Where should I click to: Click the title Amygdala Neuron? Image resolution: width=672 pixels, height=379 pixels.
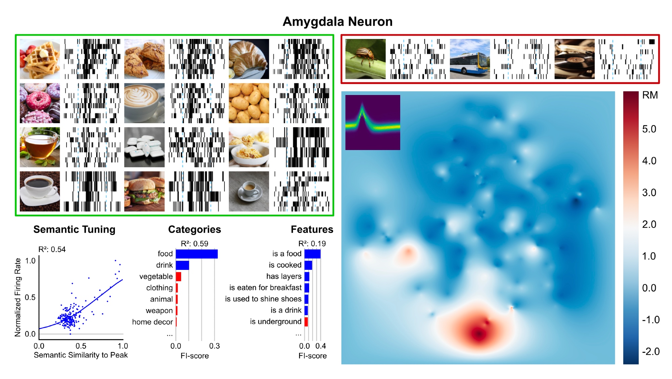coord(337,21)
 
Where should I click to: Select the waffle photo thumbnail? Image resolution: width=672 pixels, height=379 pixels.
coord(40,59)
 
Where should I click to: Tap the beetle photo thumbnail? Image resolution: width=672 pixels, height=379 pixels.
coord(365,59)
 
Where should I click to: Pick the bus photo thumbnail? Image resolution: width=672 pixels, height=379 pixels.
coord(470,59)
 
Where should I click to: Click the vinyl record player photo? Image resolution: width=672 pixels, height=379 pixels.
coord(574,59)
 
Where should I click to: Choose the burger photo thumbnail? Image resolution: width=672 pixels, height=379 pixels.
coord(144,191)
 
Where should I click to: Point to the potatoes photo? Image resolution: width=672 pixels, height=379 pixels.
coord(249,103)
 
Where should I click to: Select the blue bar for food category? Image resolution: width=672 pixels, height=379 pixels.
coord(197,254)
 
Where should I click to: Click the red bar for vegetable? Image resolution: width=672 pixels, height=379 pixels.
coord(178,277)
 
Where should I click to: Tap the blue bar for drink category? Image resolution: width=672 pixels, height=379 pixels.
coord(182,265)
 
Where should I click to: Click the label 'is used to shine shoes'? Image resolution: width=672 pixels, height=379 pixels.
coord(263,299)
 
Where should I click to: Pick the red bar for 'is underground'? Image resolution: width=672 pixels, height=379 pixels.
coord(306,322)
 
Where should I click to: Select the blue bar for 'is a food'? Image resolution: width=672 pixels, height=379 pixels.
coord(312,254)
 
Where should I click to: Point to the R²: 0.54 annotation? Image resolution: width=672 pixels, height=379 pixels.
coord(52,249)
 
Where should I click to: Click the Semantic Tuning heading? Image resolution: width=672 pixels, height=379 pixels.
coord(74,230)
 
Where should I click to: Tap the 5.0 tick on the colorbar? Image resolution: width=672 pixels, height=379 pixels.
coord(649,129)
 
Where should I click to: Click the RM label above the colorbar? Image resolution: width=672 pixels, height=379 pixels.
coord(650,95)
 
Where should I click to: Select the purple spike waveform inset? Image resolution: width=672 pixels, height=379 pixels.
coord(373,123)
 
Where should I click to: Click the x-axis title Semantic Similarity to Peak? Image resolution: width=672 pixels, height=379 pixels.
coord(81,355)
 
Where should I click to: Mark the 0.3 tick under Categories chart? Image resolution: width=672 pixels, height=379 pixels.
coord(214,346)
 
